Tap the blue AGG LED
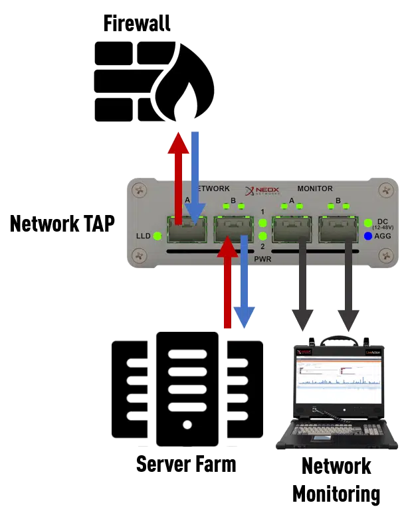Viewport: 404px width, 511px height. click(367, 236)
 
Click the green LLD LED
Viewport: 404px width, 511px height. click(157, 236)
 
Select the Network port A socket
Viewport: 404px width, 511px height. click(187, 230)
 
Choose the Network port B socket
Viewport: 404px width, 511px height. click(233, 230)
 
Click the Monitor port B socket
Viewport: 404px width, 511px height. click(337, 230)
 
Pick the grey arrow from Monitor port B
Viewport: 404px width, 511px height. click(346, 285)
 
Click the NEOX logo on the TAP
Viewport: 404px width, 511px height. click(262, 190)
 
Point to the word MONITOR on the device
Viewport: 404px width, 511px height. click(315, 189)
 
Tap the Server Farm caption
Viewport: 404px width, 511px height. click(186, 463)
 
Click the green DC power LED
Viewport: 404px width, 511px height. click(367, 222)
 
